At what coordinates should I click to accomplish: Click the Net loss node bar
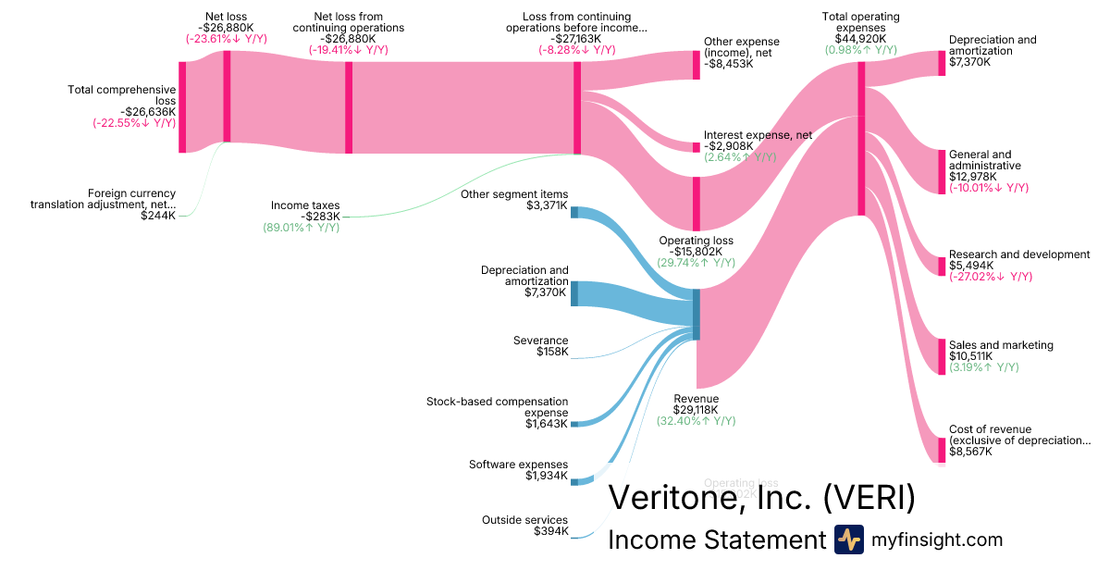point(227,96)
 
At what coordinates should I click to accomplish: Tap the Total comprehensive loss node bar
point(182,106)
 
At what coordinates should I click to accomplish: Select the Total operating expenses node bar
point(861,139)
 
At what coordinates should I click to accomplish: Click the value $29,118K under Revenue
point(696,409)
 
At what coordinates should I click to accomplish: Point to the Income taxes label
point(305,205)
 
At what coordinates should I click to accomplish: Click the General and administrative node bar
point(943,171)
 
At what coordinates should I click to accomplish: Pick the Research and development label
point(1019,254)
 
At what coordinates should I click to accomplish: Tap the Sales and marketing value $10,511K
point(970,356)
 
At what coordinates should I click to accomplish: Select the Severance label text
point(541,341)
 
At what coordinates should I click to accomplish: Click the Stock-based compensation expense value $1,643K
point(546,424)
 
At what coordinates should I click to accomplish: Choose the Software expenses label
point(518,465)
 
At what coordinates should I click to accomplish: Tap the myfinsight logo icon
point(848,540)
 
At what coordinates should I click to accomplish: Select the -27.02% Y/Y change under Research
point(990,277)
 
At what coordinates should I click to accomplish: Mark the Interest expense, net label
point(758,135)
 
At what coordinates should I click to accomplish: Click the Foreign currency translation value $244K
point(158,216)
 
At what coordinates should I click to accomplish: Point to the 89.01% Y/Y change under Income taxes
point(301,228)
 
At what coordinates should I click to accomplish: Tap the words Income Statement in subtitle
point(716,540)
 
